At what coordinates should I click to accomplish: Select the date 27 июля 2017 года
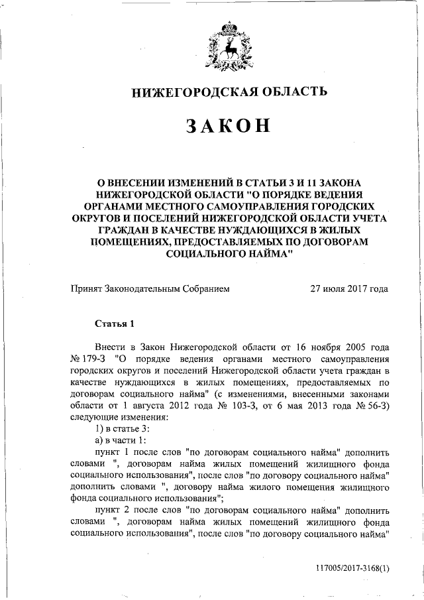click(x=350, y=288)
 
